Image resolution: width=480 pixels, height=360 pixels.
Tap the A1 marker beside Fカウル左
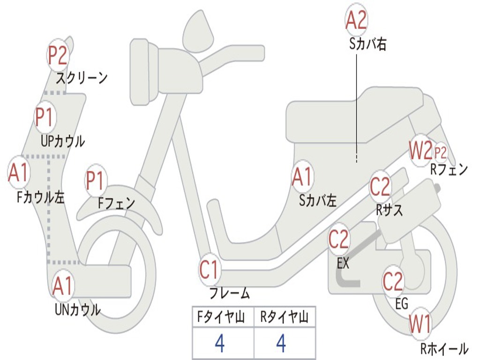pos(19,173)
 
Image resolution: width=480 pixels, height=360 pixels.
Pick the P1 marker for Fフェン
pos(96,180)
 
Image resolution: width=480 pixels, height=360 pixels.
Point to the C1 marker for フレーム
pos(210,270)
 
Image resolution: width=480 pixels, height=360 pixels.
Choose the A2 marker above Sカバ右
pos(356,20)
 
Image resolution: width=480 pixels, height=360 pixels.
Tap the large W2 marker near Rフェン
pos(420,151)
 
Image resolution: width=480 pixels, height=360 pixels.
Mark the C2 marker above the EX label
pos(339,240)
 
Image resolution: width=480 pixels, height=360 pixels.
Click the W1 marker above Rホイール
pos(420,324)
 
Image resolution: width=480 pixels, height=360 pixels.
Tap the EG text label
pos(402,304)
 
